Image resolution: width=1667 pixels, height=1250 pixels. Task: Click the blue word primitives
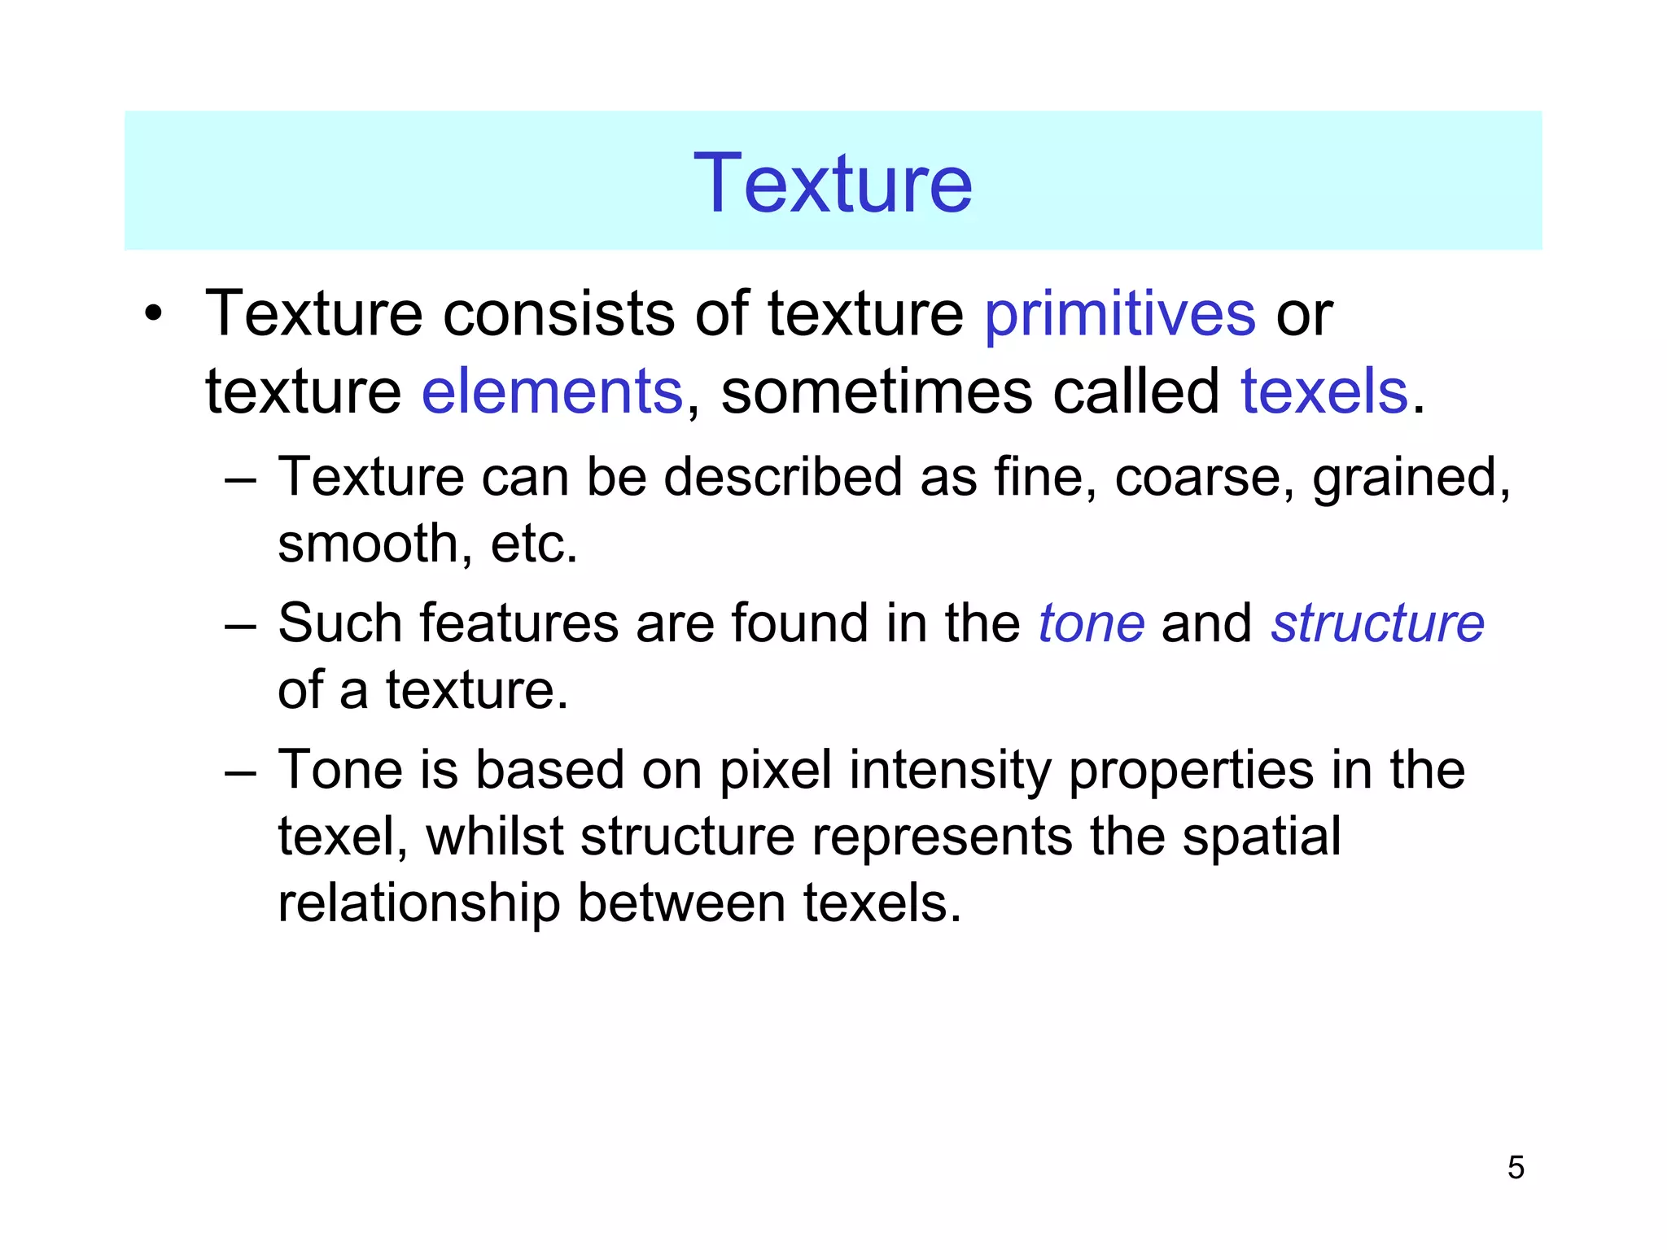coord(1120,314)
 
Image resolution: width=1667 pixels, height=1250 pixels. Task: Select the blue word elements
coord(552,391)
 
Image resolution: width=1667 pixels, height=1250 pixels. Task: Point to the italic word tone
coord(1092,624)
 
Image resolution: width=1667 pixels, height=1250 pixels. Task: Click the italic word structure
coord(1377,624)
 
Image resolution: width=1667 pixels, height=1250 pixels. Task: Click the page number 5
coord(1515,1167)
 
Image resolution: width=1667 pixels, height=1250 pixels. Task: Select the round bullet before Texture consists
coord(153,314)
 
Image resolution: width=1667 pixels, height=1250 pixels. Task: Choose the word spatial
coord(1261,838)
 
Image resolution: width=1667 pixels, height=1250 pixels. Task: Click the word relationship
coord(418,903)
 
